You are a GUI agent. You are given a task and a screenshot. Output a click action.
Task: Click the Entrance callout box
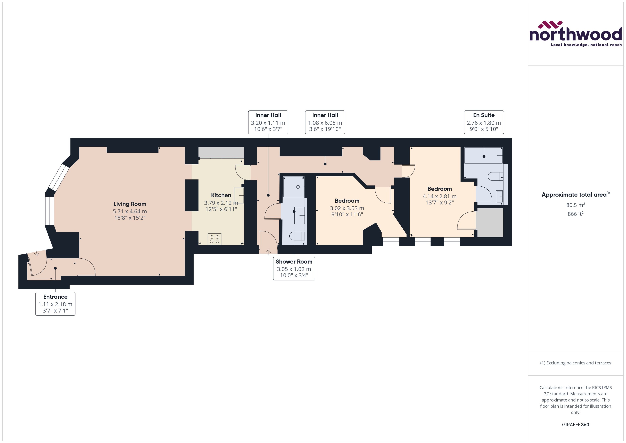pyautogui.click(x=55, y=304)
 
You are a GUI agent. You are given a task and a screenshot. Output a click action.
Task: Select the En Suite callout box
pyautogui.click(x=484, y=122)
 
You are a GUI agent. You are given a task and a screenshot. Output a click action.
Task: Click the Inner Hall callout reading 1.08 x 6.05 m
pyautogui.click(x=325, y=122)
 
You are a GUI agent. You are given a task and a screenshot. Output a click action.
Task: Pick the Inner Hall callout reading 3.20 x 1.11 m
pyautogui.click(x=268, y=122)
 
